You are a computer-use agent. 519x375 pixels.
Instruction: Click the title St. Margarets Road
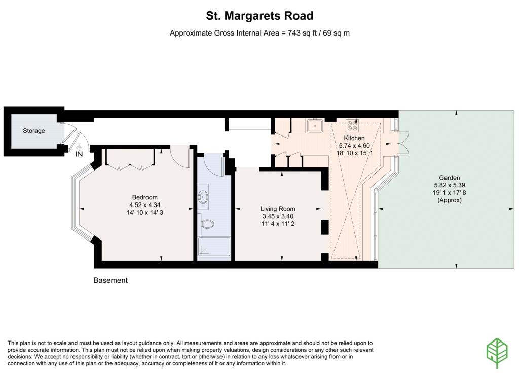[x=259, y=16]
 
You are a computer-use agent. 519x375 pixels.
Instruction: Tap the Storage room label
[x=34, y=131]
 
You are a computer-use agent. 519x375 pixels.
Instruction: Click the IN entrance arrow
[x=79, y=150]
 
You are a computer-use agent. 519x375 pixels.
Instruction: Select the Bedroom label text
[x=145, y=197]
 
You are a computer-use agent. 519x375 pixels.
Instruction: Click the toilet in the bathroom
[x=207, y=223]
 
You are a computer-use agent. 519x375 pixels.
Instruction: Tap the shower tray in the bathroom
[x=213, y=247]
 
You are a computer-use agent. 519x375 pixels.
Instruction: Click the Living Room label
[x=278, y=209]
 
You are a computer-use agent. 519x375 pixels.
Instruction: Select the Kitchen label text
[x=354, y=138]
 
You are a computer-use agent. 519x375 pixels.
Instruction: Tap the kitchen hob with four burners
[x=351, y=124]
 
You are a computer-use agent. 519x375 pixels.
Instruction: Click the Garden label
[x=450, y=178]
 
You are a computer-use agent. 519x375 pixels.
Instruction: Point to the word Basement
[x=110, y=280]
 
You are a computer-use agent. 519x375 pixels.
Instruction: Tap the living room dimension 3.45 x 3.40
[x=278, y=216]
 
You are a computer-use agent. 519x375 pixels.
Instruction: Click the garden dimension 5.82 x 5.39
[x=450, y=185]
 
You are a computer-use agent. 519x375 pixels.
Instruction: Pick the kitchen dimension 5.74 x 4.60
[x=354, y=145]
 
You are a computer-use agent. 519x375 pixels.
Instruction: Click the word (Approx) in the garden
[x=450, y=200]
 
